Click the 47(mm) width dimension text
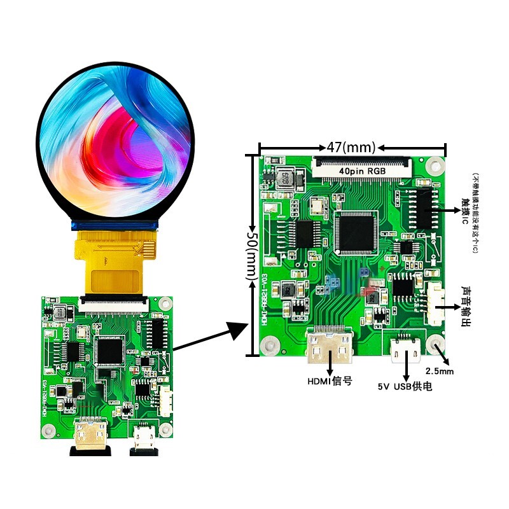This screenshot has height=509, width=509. (351, 148)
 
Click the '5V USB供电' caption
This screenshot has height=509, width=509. (405, 386)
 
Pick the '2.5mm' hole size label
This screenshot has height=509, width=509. (439, 370)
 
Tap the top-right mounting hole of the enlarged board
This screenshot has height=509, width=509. (435, 165)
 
